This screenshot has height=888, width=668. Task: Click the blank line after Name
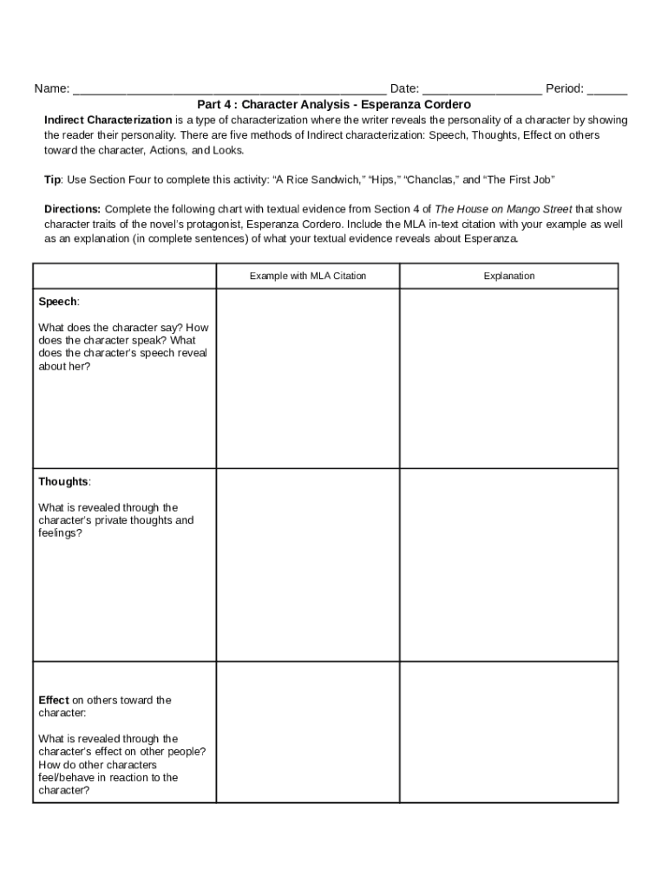(229, 89)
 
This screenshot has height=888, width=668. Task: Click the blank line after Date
(482, 89)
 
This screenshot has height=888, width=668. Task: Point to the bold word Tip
(52, 180)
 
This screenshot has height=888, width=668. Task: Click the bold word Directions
(72, 209)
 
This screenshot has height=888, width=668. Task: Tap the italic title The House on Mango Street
(503, 209)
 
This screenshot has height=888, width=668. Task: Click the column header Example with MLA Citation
(308, 276)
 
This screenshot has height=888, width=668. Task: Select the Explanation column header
(509, 276)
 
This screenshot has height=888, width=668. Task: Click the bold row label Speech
(57, 302)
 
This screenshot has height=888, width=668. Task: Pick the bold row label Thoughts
(63, 481)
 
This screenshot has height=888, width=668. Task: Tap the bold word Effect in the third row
(54, 700)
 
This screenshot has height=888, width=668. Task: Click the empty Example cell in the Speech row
(308, 379)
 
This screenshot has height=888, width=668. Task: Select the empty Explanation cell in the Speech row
(509, 379)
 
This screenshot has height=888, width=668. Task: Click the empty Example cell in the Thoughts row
(308, 565)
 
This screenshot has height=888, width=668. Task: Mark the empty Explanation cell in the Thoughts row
(509, 565)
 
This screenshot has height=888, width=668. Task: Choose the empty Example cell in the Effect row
(308, 733)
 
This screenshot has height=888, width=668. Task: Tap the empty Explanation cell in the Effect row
(509, 733)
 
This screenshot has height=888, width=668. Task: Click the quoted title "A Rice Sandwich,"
(318, 180)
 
